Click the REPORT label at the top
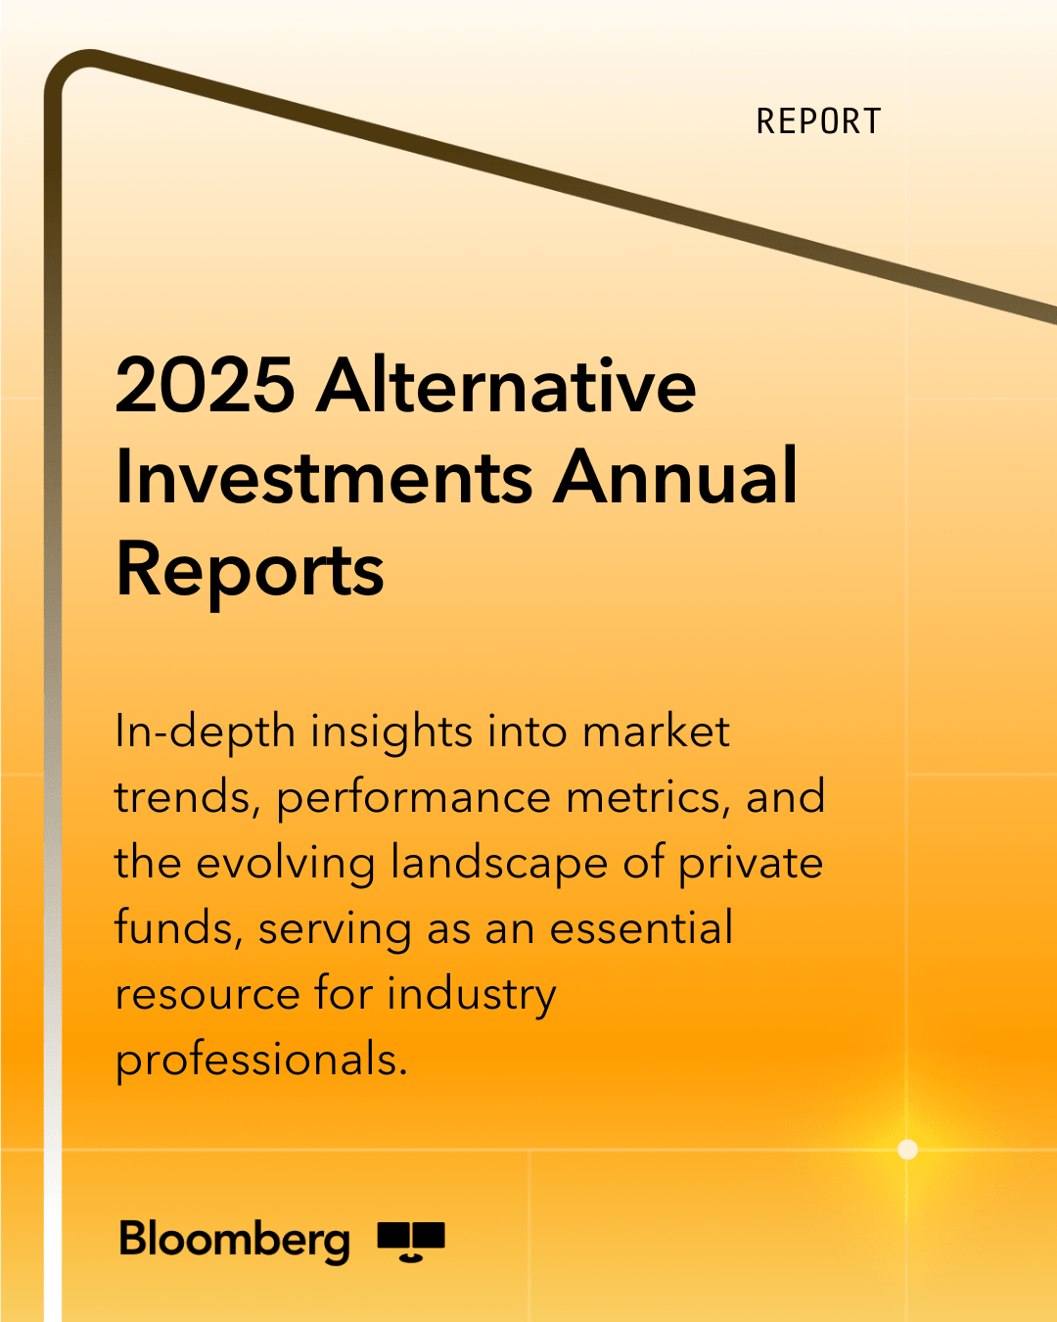(x=818, y=121)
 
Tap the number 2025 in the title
(x=206, y=386)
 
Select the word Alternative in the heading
(x=505, y=384)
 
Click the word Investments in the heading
(x=324, y=477)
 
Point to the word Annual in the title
(x=675, y=476)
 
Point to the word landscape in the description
(x=499, y=864)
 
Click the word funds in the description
(x=179, y=929)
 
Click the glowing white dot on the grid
(x=907, y=1149)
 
